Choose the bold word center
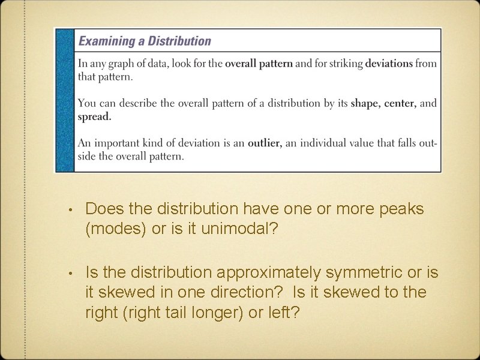coord(400,103)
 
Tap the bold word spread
coord(94,116)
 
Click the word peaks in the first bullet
coord(397,209)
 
